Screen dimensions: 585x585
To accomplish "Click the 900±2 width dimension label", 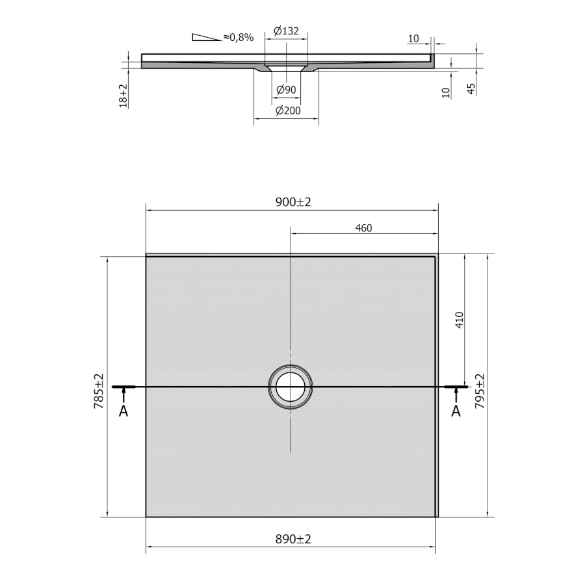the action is tap(293, 202).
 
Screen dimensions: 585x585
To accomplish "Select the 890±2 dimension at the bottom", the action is tap(293, 539).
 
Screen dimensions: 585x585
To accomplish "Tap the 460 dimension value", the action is tap(363, 228).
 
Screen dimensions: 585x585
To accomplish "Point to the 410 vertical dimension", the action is tap(459, 320).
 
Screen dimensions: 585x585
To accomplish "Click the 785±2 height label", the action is tap(99, 391).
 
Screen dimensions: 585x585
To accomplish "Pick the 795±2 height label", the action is tap(480, 391).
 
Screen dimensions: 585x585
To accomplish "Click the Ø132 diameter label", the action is tap(286, 31).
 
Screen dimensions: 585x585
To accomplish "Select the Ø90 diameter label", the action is tap(286, 90).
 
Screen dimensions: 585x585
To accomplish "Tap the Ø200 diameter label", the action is tap(288, 110).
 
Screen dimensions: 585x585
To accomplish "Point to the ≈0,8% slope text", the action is tap(239, 37).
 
